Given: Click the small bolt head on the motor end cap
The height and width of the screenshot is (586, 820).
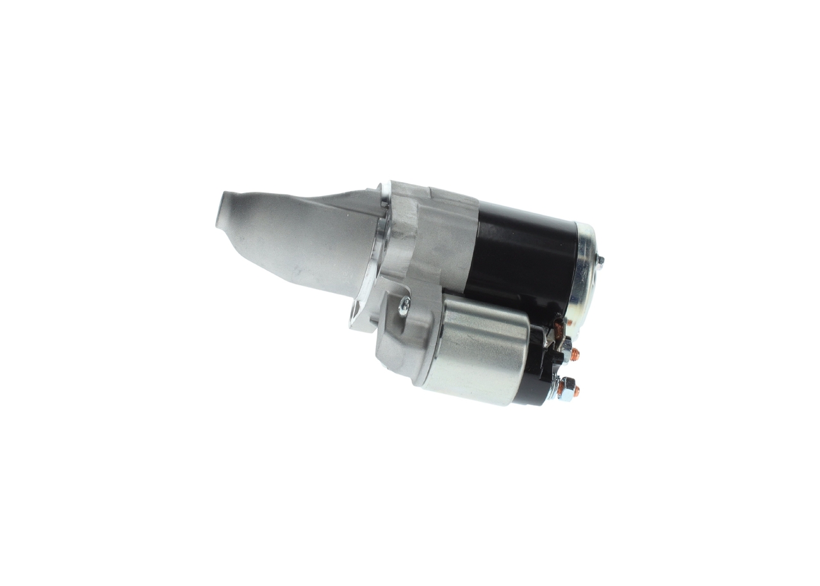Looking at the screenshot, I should coord(600,260).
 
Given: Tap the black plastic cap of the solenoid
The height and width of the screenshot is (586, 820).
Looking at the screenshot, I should coord(538,369).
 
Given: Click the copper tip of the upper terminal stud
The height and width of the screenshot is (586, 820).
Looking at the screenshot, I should coord(575,352).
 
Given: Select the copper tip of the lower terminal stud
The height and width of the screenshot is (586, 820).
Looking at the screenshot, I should coord(577,390).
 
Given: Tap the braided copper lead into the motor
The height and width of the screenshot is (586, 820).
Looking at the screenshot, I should coord(558,329).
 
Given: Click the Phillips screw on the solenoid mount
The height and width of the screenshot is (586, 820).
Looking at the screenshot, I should coord(404,307).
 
